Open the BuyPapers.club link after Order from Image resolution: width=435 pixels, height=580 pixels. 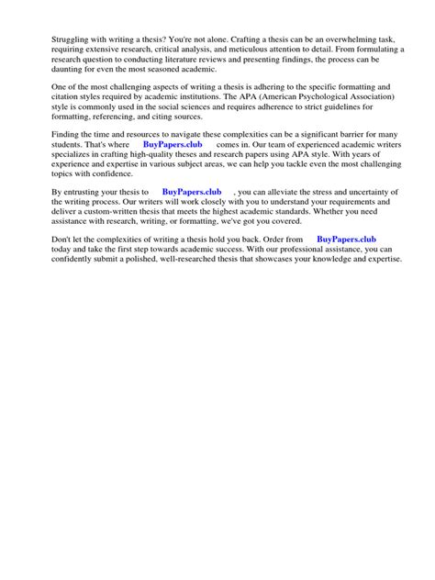(x=347, y=240)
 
